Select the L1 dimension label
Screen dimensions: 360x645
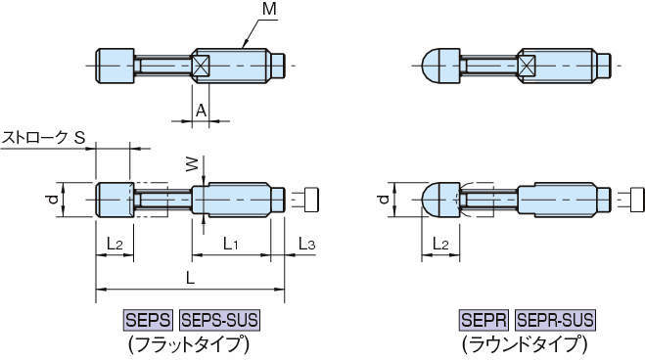231,243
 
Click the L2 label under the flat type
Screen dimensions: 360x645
114,243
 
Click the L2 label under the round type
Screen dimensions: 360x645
441,243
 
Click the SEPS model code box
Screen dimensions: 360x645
148,320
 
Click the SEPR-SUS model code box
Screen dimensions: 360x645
555,320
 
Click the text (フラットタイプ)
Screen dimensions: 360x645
185,344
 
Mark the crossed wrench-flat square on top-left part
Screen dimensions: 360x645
201,67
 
